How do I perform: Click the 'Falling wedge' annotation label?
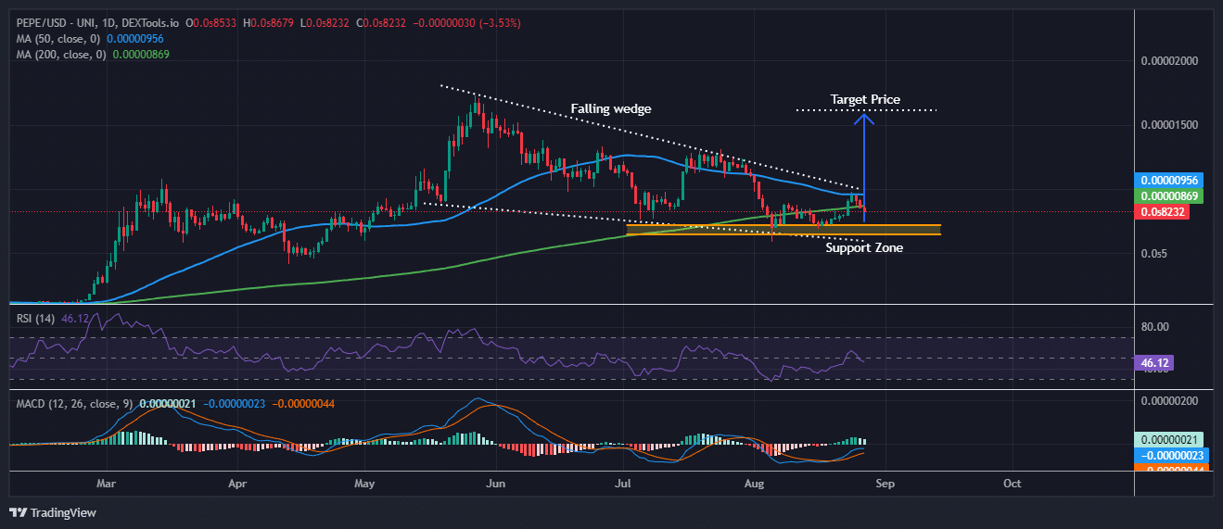[x=610, y=108]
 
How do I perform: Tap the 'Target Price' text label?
[x=864, y=99]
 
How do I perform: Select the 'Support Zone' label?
[x=863, y=247]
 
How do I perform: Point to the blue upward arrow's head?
[x=864, y=117]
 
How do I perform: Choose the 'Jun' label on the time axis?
[x=496, y=483]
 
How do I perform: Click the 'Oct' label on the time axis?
[x=1013, y=483]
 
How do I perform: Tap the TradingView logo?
[x=53, y=512]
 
